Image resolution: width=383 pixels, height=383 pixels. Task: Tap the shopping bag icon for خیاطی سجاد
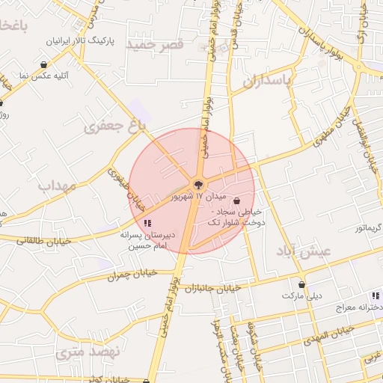tap(237, 201)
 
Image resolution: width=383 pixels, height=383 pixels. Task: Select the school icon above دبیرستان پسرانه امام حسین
tap(147, 222)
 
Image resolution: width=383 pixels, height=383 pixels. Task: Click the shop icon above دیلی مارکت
tap(302, 284)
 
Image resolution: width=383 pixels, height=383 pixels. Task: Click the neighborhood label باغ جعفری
tap(114, 126)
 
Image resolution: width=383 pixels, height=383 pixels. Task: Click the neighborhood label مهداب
tap(57, 185)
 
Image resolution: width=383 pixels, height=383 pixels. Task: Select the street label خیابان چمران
tap(132, 274)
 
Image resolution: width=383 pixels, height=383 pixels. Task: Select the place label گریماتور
tap(366, 226)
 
